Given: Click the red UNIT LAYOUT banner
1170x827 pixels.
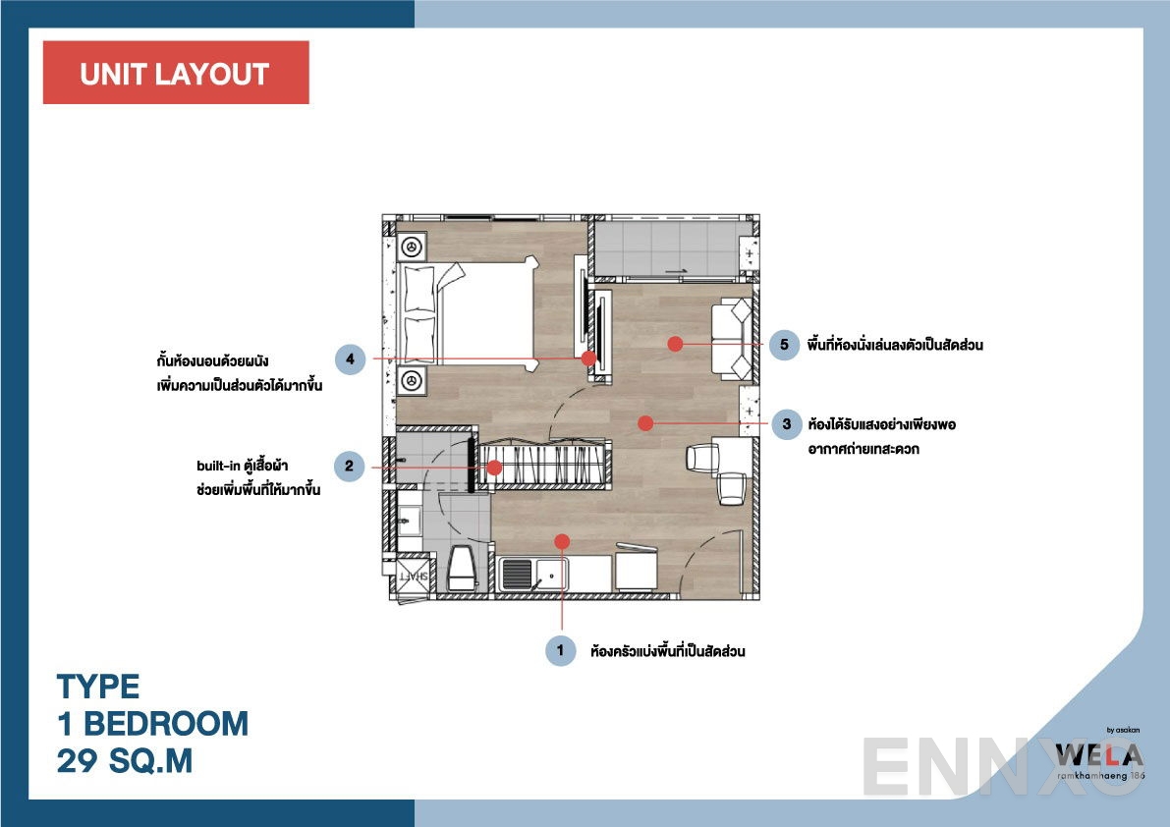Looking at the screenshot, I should (175, 73).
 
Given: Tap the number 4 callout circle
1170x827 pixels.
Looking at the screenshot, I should (350, 359).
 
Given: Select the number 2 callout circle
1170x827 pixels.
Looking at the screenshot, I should (350, 466).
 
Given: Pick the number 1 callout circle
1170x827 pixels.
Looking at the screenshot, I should (560, 650).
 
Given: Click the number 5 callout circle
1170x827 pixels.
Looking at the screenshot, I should (783, 345).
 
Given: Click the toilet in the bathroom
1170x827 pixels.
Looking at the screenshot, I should (461, 569).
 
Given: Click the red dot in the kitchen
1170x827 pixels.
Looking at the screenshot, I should (562, 540).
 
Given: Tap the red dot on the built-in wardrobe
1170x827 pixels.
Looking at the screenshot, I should (494, 468).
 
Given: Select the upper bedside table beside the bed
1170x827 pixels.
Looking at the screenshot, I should (413, 246).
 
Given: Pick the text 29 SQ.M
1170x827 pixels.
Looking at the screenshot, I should (125, 761).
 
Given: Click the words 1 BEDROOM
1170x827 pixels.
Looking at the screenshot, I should (152, 724).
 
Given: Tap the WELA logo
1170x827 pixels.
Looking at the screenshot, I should (1098, 755).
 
